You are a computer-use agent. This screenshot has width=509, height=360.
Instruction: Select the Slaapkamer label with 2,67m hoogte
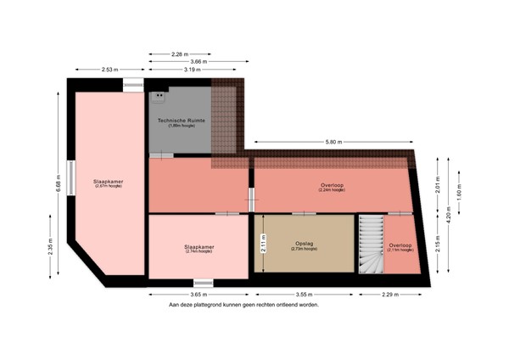click(x=108, y=183)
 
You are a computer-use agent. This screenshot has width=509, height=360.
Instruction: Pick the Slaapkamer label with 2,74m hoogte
click(x=199, y=249)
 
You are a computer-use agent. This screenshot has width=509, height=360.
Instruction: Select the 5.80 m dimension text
click(x=332, y=142)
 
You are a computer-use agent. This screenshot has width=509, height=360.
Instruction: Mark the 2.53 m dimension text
click(x=108, y=70)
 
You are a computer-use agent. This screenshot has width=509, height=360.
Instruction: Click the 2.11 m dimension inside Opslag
click(x=262, y=244)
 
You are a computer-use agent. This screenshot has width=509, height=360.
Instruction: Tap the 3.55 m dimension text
click(x=305, y=294)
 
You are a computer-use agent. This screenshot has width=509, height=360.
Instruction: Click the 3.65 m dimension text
click(x=199, y=294)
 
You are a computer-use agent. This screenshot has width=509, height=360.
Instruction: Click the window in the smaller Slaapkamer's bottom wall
click(x=203, y=282)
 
